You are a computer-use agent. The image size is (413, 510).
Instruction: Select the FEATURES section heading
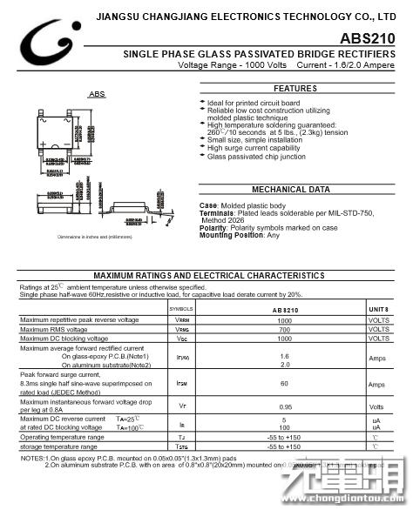295,89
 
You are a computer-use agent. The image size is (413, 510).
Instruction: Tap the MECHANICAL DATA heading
291,189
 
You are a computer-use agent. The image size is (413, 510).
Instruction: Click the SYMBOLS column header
181,309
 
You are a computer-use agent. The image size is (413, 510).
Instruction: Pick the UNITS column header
378,309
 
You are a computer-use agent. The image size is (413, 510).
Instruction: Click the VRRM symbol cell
182,320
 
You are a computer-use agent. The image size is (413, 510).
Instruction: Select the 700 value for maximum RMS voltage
284,329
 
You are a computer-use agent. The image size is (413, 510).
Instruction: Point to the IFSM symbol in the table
182,384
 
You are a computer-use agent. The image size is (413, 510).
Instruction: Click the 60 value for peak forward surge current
284,384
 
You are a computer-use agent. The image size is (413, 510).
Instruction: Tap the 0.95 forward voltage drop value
285,406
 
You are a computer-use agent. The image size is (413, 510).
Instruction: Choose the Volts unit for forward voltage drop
377,406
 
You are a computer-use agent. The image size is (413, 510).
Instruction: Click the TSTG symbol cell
182,446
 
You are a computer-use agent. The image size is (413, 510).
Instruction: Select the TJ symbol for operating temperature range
182,436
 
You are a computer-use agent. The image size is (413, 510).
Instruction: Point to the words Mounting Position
231,235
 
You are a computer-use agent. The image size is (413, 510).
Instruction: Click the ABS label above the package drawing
98,94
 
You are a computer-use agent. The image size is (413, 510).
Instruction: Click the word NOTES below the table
32,458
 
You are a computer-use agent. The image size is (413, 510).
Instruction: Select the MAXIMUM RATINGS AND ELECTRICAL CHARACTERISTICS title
209,274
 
